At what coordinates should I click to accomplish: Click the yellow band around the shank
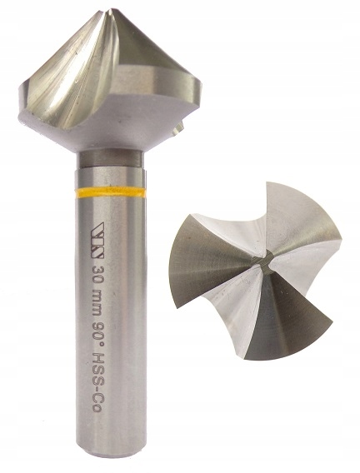click(110, 192)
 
